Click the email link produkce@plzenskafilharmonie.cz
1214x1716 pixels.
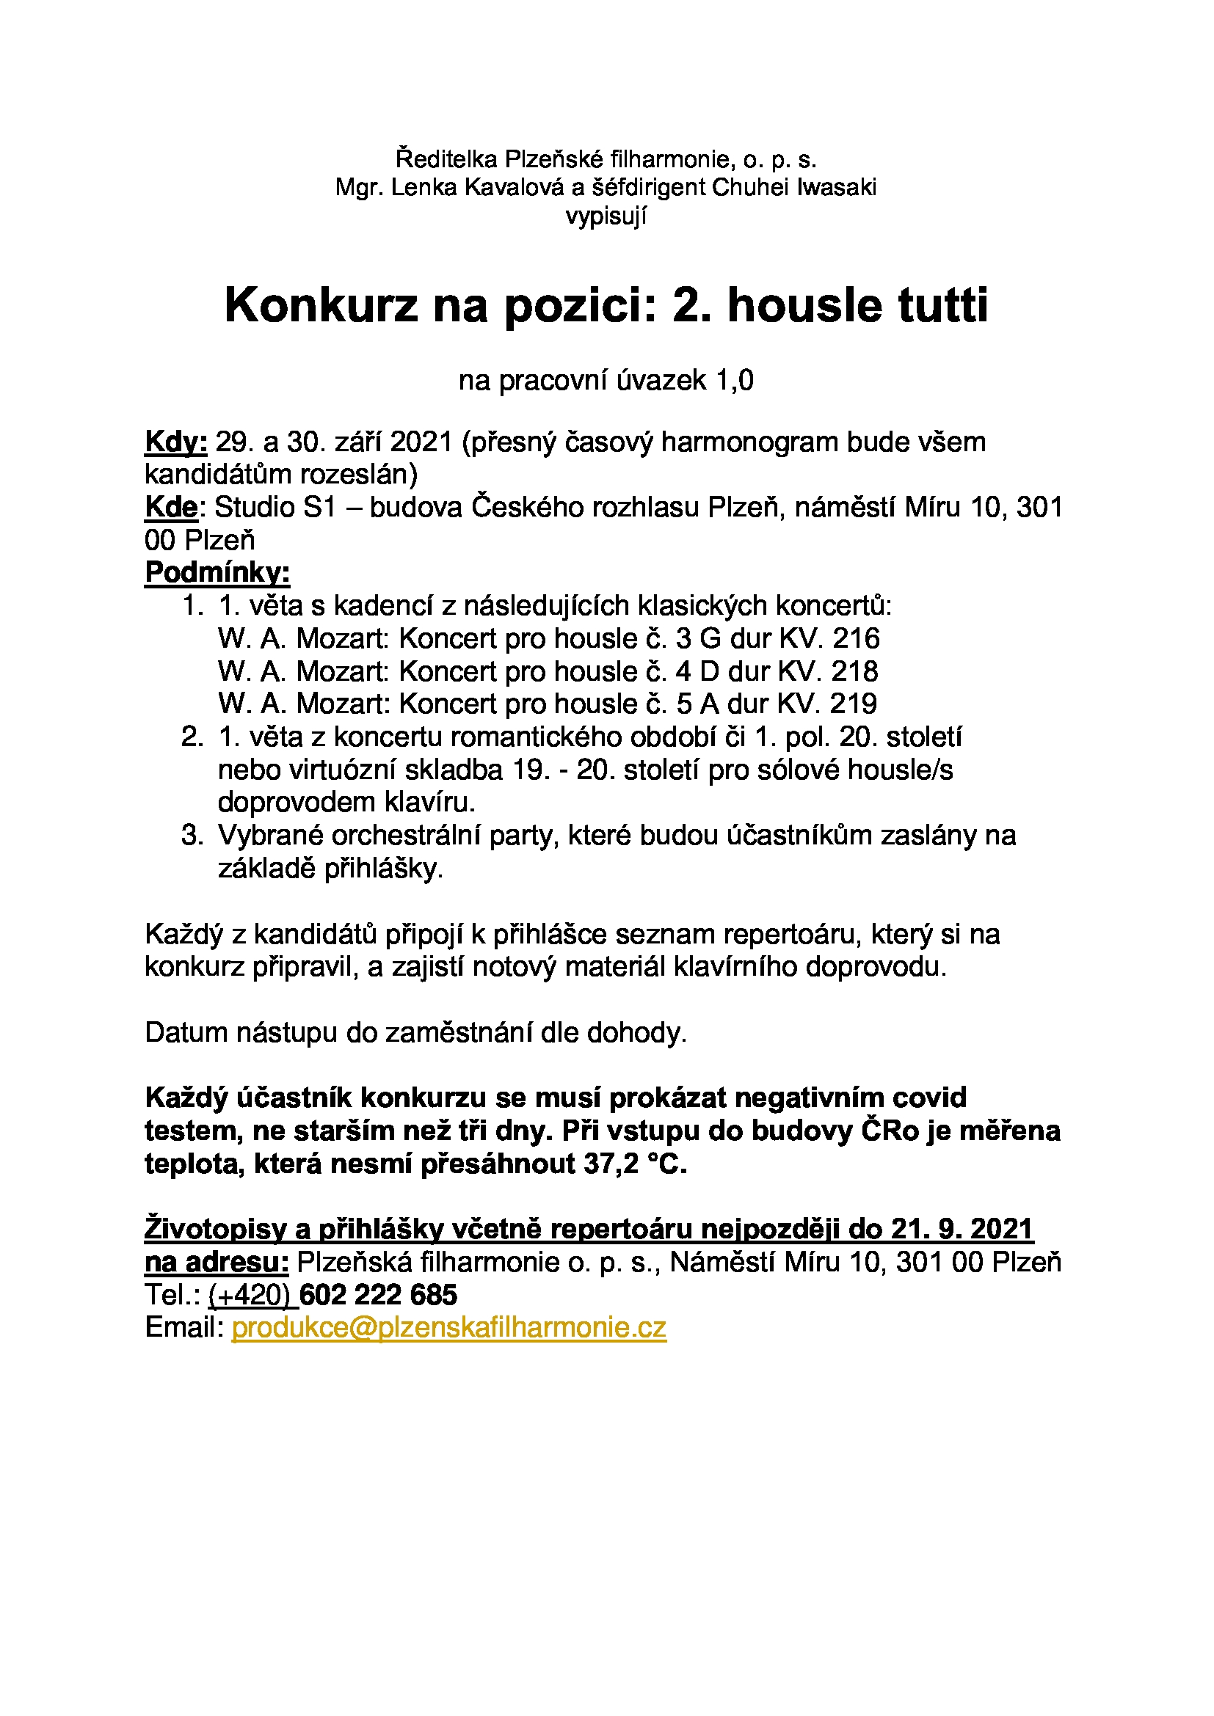(448, 1328)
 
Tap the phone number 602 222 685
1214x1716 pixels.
(378, 1295)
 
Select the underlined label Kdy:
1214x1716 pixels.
(175, 442)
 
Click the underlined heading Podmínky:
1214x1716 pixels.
(217, 572)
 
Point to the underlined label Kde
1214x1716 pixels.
(171, 508)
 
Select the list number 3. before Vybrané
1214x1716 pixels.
(192, 836)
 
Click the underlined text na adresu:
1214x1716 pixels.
(217, 1263)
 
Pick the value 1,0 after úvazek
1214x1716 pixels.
(735, 381)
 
